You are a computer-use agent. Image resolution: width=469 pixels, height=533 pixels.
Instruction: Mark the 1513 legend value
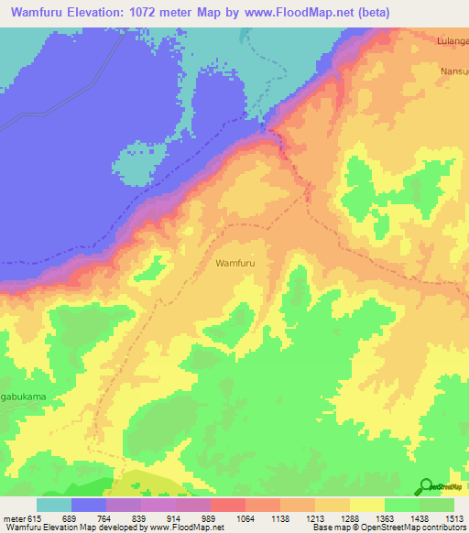[x=455, y=518]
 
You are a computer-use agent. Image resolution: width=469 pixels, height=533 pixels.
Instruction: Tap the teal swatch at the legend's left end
[x=54, y=505]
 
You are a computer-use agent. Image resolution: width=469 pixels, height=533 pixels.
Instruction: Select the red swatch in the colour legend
[x=227, y=505]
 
